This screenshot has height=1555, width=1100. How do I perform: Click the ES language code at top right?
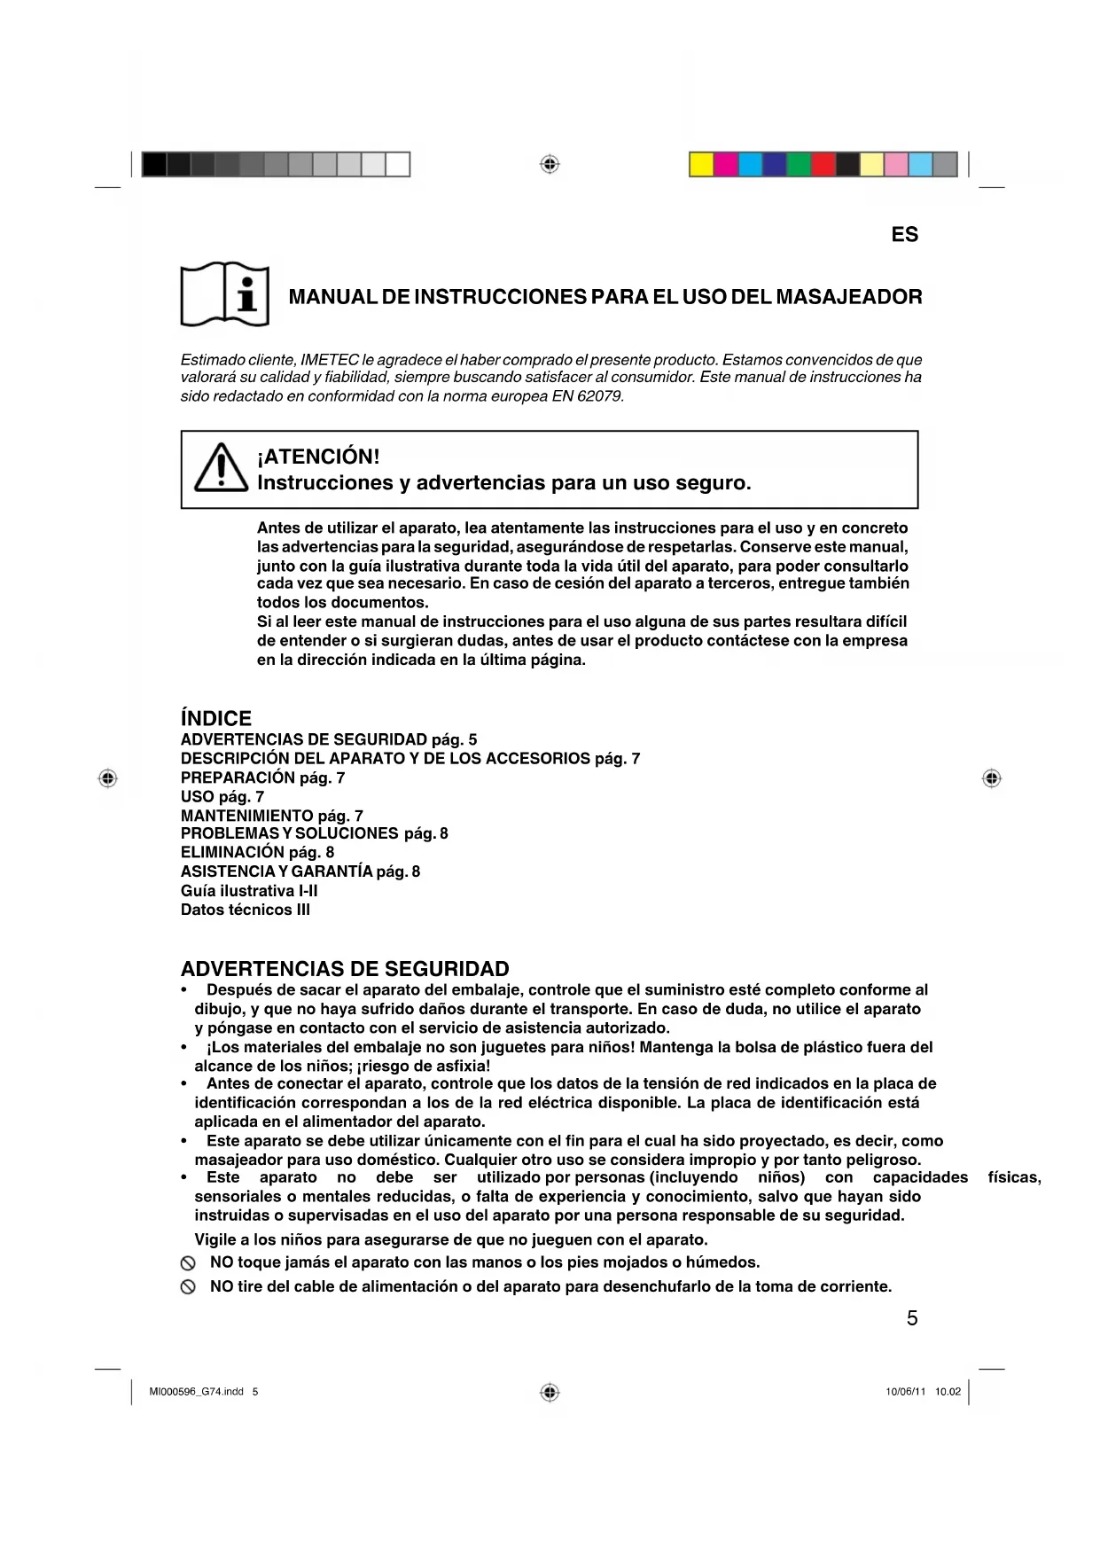pos(904,235)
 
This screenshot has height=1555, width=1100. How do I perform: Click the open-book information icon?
pos(225,294)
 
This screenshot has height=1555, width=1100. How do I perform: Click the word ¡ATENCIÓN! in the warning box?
pos(318,457)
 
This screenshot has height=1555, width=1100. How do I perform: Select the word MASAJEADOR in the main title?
pos(848,297)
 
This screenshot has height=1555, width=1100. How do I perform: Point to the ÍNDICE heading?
pos(216,718)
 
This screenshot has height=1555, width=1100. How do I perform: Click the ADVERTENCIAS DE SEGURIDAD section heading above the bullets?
pos(345,969)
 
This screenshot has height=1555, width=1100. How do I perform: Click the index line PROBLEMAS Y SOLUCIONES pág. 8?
pos(314,833)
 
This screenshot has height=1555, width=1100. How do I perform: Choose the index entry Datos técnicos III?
pos(246,910)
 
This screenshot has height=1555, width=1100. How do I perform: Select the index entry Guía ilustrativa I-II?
pos(249,891)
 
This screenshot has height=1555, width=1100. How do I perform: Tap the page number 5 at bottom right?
pos(912,1318)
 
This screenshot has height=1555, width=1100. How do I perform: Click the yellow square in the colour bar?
pos(702,165)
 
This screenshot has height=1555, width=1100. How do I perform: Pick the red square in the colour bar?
pos(823,165)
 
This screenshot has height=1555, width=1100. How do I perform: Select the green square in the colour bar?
pos(799,165)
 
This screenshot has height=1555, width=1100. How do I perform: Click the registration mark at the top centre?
pos(550,164)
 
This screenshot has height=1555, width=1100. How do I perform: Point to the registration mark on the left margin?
pos(107,778)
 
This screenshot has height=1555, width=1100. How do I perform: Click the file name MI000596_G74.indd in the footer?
pos(196,1392)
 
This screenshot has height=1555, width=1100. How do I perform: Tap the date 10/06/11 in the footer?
pos(905,1392)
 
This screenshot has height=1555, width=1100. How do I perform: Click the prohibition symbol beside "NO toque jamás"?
pos(188,1263)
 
